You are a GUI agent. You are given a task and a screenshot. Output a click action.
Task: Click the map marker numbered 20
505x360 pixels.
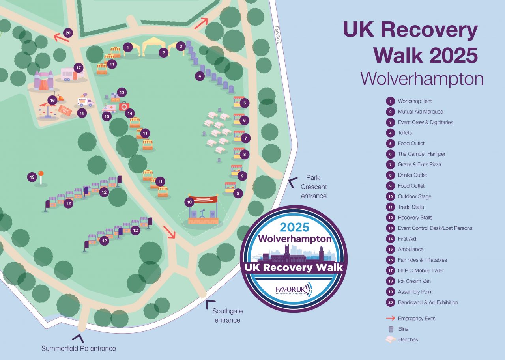click(x=68, y=33)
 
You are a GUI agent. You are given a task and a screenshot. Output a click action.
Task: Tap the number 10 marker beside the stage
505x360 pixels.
click(x=189, y=202)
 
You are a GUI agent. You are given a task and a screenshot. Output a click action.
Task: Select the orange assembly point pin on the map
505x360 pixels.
click(x=41, y=174)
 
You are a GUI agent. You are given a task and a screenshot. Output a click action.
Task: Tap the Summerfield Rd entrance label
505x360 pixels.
click(x=79, y=348)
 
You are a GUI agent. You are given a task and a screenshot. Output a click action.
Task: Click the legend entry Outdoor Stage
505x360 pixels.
click(x=414, y=196)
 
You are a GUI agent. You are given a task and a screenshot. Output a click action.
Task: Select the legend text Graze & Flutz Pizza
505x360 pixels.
click(x=419, y=164)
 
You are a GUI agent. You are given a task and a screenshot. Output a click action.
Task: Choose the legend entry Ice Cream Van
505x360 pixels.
click(x=414, y=281)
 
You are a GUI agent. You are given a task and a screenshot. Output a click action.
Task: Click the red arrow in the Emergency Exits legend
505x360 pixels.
click(x=391, y=318)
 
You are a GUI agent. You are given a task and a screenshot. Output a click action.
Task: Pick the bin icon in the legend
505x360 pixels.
click(x=391, y=329)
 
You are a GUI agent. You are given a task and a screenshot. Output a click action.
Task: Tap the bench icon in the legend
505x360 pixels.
click(x=391, y=339)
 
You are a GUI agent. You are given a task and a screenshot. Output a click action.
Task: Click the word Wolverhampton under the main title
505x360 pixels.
click(x=422, y=79)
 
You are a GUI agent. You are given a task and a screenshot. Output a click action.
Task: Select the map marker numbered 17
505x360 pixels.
click(x=78, y=67)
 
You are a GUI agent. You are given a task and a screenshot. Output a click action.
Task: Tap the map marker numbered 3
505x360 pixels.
click(x=180, y=46)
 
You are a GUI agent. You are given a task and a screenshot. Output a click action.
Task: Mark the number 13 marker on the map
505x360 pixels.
click(x=122, y=92)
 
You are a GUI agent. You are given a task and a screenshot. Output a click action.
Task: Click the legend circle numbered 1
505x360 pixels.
click(x=390, y=101)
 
